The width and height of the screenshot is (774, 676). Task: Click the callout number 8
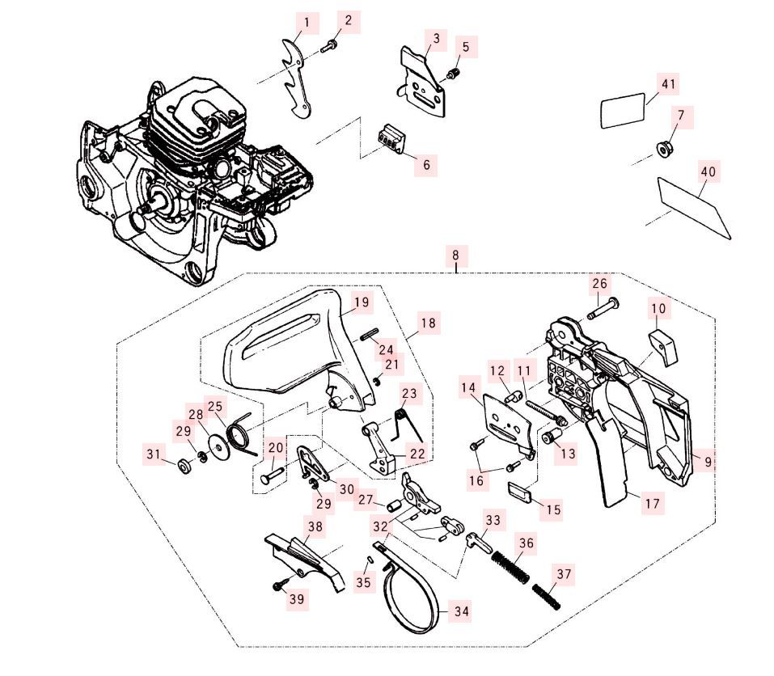455,256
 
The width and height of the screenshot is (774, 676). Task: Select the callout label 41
668,83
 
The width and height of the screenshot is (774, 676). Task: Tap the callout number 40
708,171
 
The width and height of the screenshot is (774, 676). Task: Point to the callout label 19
362,302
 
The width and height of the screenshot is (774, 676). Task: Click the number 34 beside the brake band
460,611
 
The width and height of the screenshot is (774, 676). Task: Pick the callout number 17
652,503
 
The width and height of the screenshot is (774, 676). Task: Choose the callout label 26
599,284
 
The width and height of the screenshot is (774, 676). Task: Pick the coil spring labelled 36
511,564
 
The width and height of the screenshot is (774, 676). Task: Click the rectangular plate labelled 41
623,112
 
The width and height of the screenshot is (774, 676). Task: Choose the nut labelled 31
184,466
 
